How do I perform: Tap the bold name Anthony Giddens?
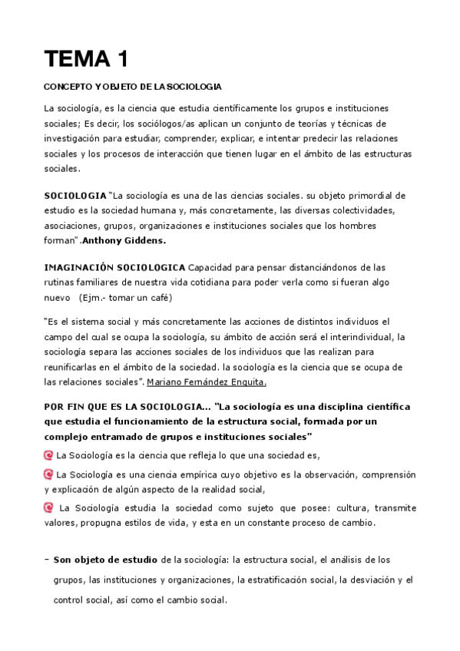pos(124,241)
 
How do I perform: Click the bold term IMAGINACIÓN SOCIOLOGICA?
pos(114,267)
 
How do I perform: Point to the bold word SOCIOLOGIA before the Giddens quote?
pos(75,195)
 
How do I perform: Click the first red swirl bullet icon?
pos(49,454)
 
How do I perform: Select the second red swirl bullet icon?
pos(49,473)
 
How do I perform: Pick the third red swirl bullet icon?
pos(49,507)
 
